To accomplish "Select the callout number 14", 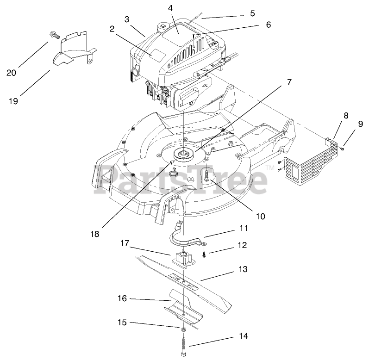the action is point(243,336).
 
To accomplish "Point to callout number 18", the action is point(95,234).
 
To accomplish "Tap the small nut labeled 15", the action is point(183,329).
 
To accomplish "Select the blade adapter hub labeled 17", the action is point(185,258).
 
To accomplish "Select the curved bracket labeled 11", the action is point(185,236).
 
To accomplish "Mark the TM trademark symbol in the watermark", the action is point(270,168).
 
